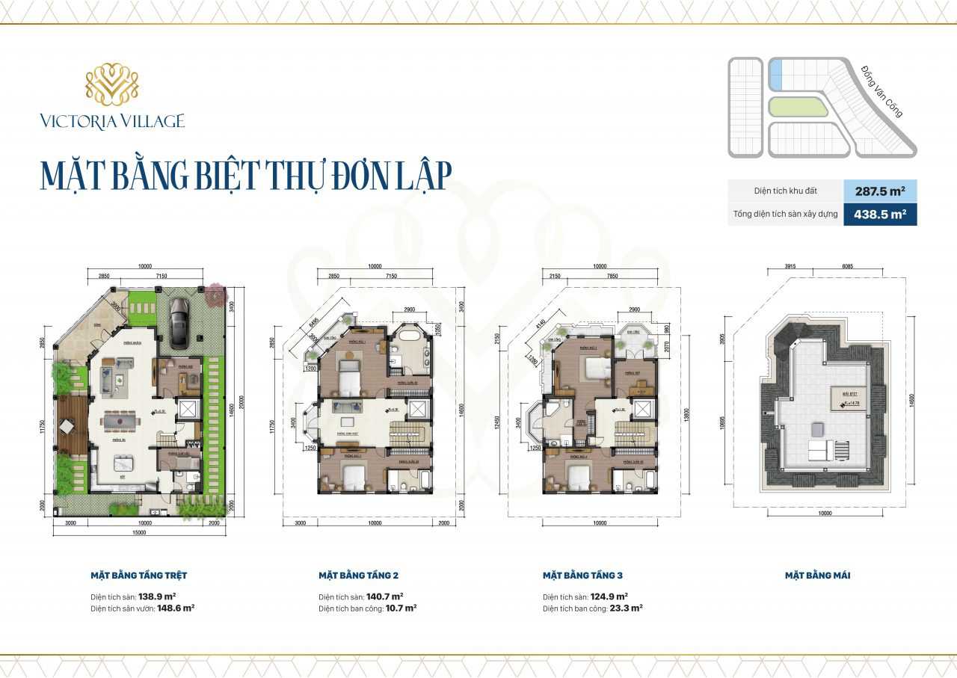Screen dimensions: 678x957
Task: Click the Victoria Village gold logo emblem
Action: [x=111, y=84]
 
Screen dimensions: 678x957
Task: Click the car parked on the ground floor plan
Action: [x=179, y=324]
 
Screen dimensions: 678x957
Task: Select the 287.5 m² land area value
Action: [x=879, y=191]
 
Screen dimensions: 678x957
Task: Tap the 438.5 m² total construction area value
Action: [x=879, y=215]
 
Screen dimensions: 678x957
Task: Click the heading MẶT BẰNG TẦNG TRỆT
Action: [x=138, y=576]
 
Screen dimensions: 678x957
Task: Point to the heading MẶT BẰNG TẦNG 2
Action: [x=358, y=576]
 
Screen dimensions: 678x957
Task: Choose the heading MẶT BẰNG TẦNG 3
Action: [x=582, y=576]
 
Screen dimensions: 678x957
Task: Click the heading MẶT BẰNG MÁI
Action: [x=817, y=576]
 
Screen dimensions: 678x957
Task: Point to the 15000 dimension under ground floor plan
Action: [x=140, y=532]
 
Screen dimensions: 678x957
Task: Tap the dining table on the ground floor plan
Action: [x=121, y=422]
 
